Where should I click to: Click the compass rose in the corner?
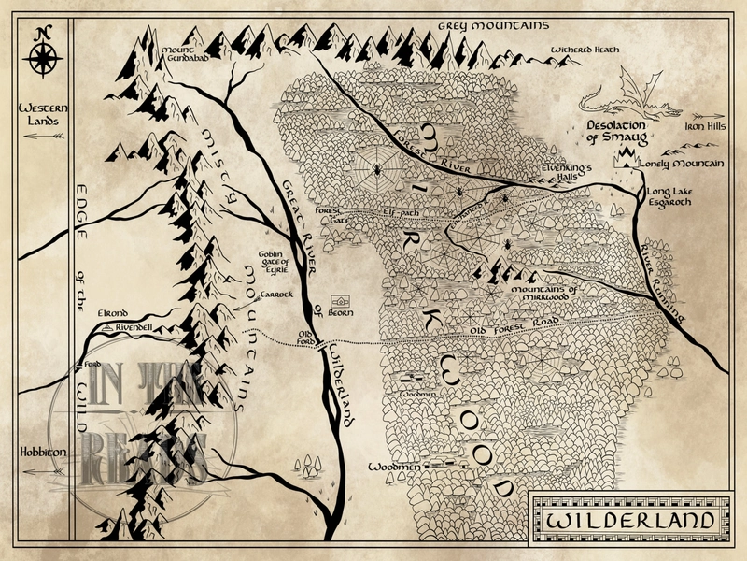coord(42,55)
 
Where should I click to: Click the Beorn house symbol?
coord(342,303)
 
